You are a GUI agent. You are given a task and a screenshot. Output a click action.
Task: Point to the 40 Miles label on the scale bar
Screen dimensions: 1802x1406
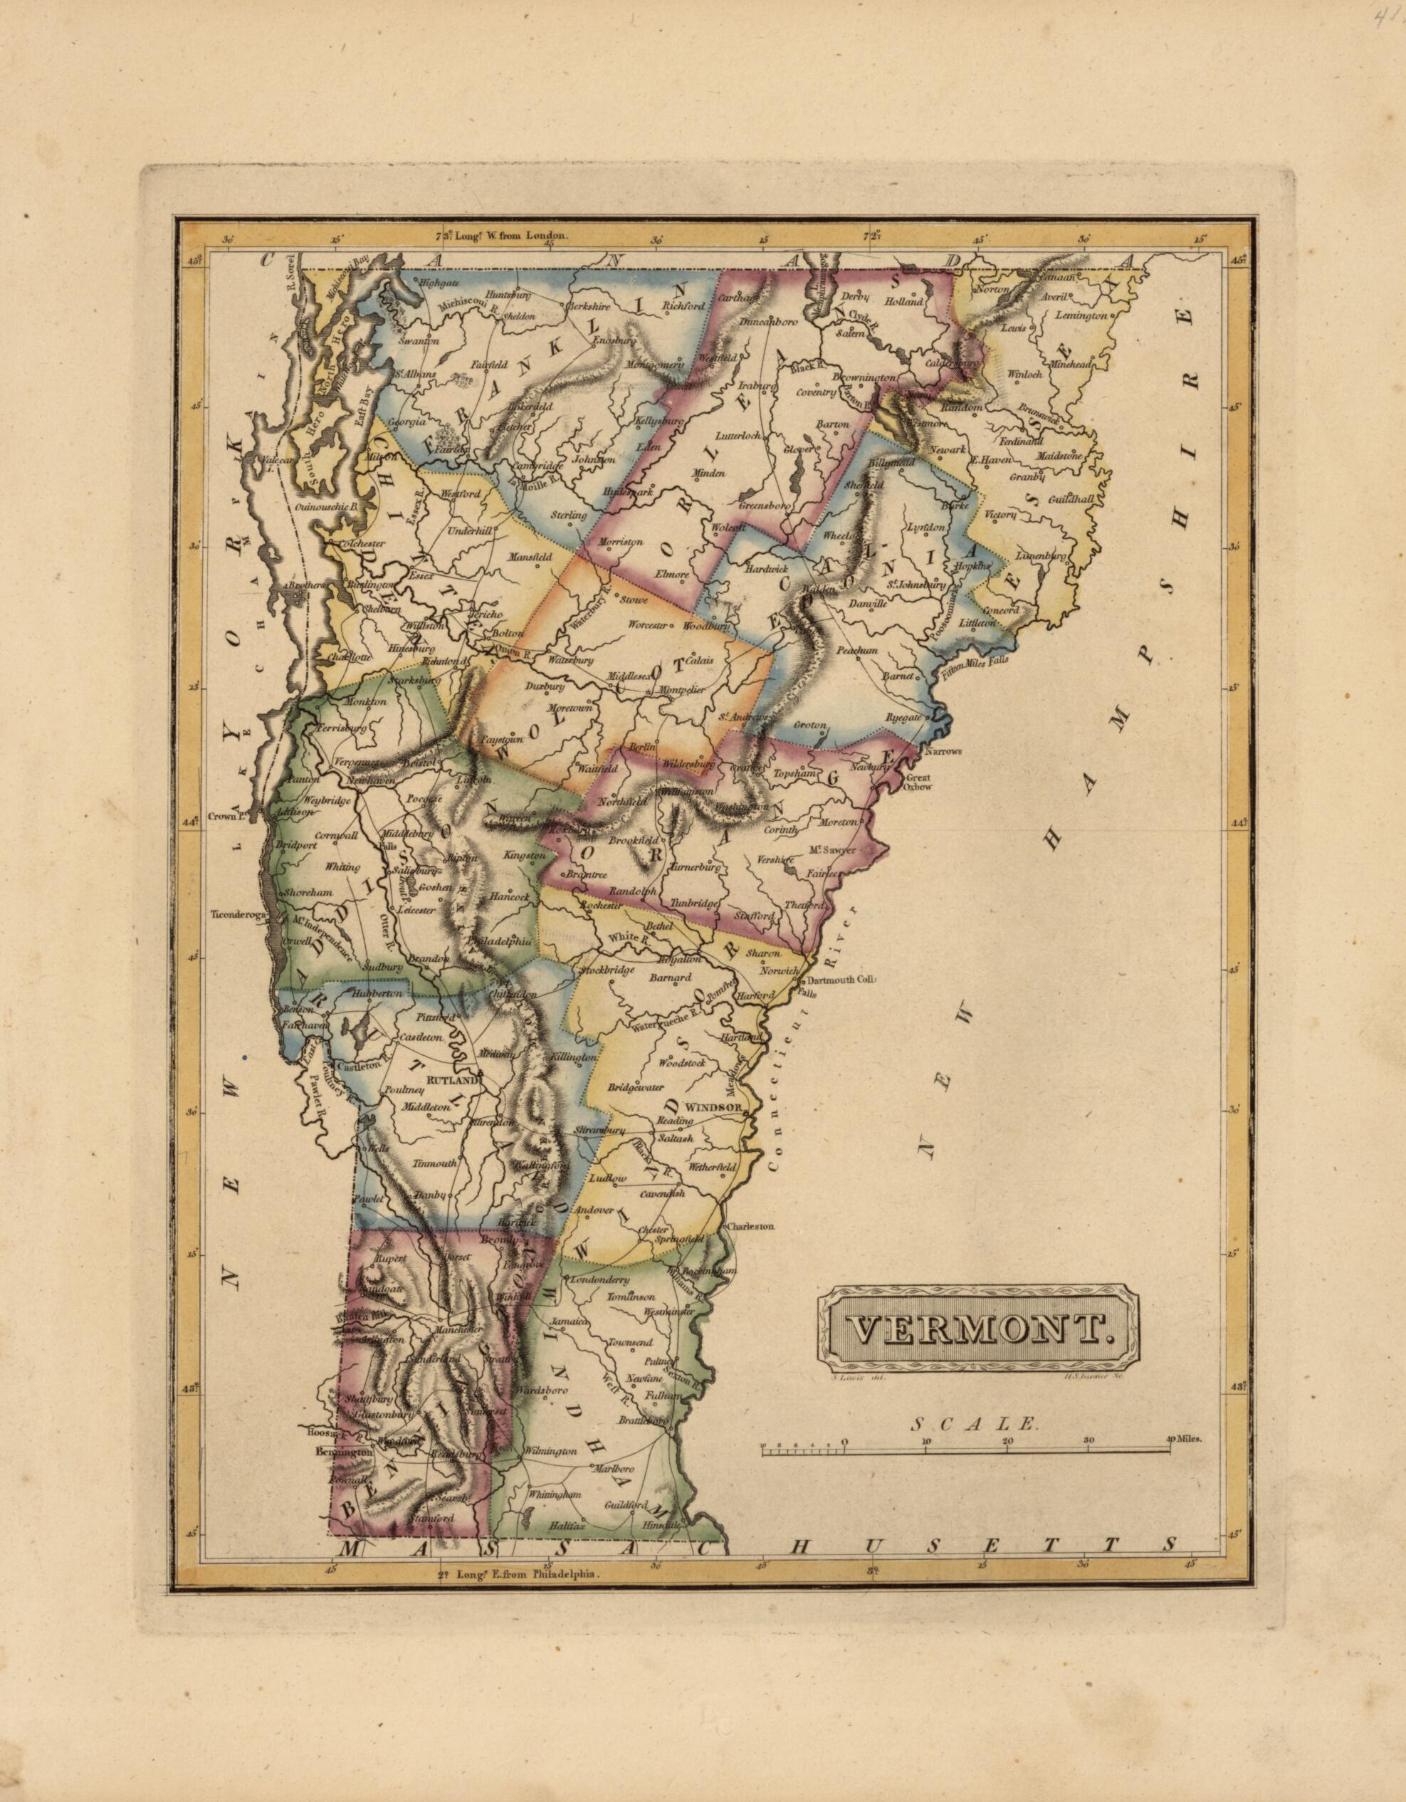(1187, 1439)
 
